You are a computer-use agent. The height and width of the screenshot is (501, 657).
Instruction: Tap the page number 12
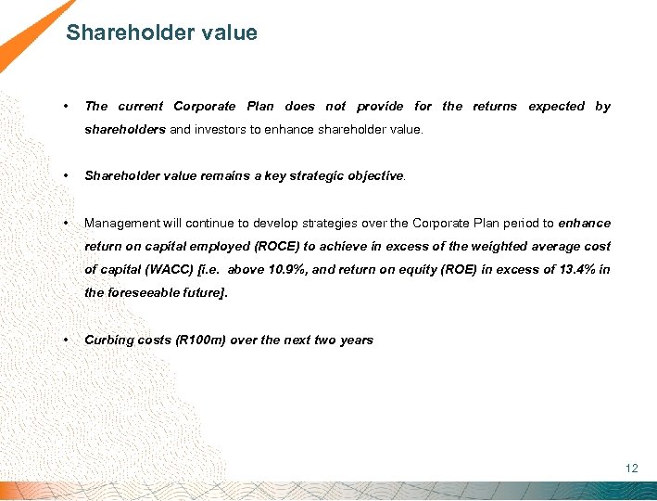click(631, 469)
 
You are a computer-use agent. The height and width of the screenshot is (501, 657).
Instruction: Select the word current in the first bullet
click(139, 107)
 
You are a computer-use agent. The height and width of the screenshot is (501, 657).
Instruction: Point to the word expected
click(556, 107)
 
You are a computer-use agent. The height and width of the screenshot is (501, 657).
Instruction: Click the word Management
click(120, 224)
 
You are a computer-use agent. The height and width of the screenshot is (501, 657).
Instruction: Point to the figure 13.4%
click(572, 270)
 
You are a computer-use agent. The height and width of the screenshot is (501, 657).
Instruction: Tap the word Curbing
click(109, 340)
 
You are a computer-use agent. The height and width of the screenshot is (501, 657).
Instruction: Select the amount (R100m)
click(190, 340)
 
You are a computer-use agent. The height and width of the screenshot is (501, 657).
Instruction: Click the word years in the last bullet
click(355, 340)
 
